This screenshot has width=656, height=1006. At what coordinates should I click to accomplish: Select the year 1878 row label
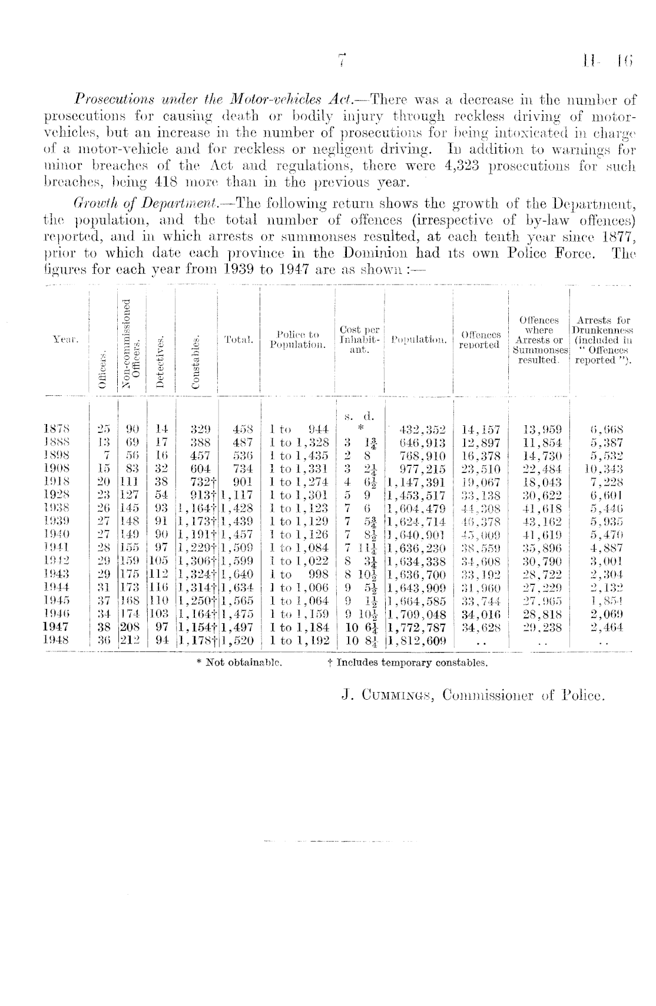pyautogui.click(x=57, y=429)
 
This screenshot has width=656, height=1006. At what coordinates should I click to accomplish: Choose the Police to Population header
pyautogui.click(x=298, y=340)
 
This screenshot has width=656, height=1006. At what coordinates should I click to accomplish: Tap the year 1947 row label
pyautogui.click(x=57, y=627)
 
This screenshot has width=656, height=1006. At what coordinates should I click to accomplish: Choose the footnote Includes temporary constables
pyautogui.click(x=407, y=663)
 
